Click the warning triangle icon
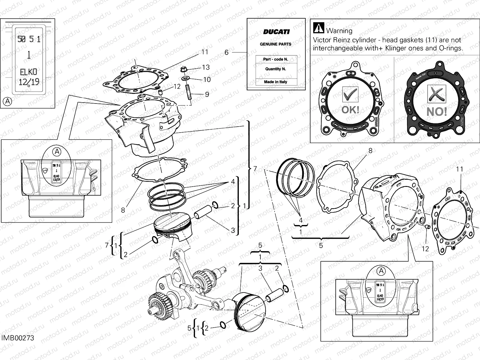click(318, 28)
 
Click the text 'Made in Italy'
click(275, 82)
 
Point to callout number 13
click(206, 67)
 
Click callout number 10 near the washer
click(207, 79)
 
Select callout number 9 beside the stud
click(207, 94)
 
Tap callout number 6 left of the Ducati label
click(226, 52)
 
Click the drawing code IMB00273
click(18, 338)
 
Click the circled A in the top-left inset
click(7, 101)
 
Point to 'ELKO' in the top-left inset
click(28, 72)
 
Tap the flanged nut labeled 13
click(184, 70)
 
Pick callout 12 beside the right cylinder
click(425, 249)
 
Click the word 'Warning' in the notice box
click(339, 31)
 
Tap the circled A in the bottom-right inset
click(381, 271)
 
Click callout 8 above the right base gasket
click(370, 151)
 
